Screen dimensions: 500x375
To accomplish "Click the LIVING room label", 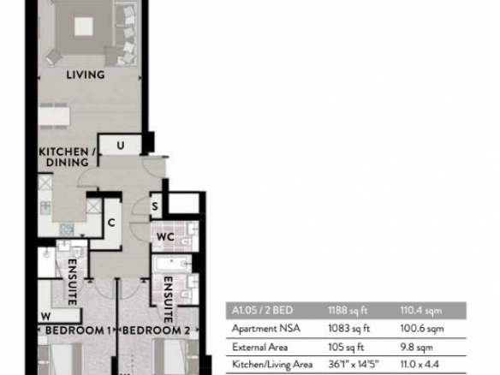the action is [86, 74].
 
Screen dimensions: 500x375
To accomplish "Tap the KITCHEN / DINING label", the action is [68, 157].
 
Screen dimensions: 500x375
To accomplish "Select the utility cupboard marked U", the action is [121, 145].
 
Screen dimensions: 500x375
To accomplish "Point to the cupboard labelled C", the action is [111, 223].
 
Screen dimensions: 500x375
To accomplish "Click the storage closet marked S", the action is [155, 206].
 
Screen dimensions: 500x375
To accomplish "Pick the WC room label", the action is [165, 237].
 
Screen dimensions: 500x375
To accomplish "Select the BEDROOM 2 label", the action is [156, 330].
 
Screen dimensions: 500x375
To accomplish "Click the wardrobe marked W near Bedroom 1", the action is [59, 316].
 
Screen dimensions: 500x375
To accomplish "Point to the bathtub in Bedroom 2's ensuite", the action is [172, 264].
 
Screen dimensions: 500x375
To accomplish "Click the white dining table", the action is [54, 116].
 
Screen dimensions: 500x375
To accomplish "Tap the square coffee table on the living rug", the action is [84, 27].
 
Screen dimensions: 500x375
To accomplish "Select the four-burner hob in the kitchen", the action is [66, 229].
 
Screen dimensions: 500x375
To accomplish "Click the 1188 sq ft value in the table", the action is [348, 310].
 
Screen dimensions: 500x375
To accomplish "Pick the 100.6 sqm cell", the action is [422, 329].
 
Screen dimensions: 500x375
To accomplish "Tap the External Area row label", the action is [260, 347].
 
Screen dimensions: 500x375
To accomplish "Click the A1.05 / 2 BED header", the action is [262, 310].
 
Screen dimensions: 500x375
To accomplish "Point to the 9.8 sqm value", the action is [416, 347].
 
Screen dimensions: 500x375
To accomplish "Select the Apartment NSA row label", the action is [266, 329].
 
